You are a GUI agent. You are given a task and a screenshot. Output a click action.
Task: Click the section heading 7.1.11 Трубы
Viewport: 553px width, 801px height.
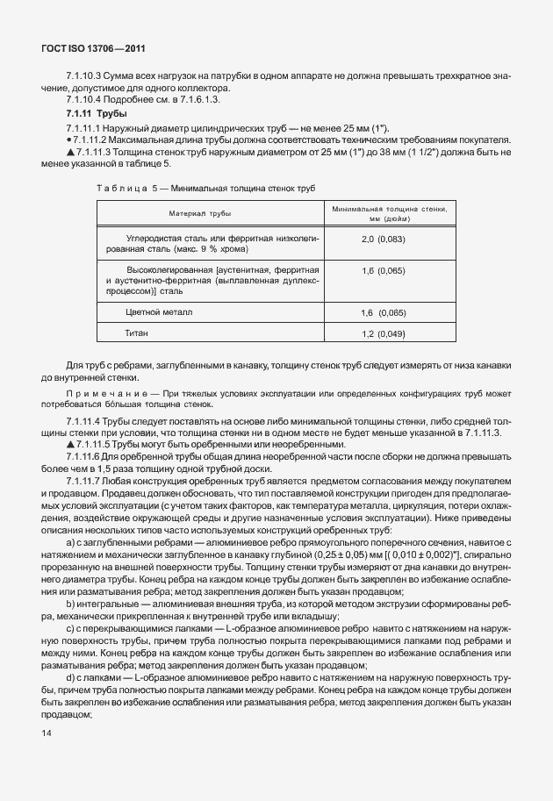97,115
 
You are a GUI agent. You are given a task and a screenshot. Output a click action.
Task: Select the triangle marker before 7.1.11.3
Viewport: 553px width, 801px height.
68,153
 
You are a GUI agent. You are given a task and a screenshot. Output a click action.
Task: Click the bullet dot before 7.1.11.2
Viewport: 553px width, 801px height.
68,140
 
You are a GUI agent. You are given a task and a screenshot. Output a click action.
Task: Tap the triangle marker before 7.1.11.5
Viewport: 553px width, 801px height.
68,446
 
